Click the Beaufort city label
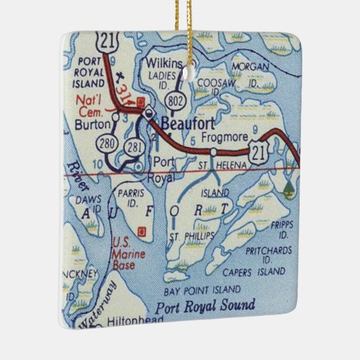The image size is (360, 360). (x=185, y=124)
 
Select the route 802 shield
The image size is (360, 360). (x=179, y=100)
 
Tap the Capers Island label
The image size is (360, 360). (x=253, y=272)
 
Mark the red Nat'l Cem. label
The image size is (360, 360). (x=91, y=105)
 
